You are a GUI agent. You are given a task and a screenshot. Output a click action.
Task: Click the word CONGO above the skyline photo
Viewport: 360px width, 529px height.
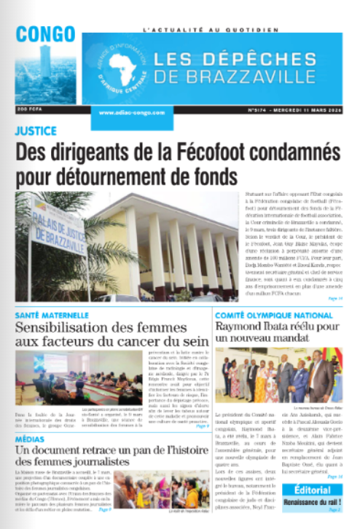46,34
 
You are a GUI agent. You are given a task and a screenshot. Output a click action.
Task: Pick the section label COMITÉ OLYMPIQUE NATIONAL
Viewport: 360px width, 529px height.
273,316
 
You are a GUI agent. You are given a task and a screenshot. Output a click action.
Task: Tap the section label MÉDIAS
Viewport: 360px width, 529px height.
31,439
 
